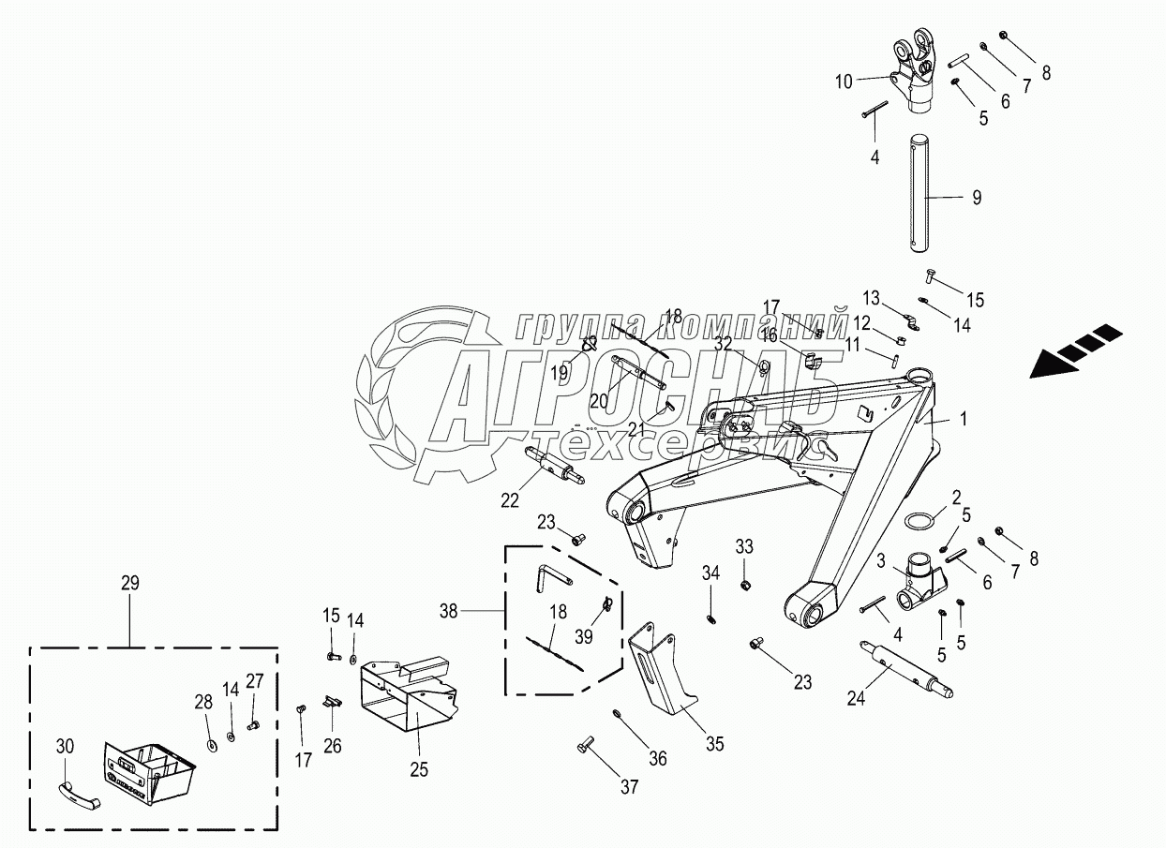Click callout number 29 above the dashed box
tap(130, 583)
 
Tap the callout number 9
tap(977, 198)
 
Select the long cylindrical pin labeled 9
tap(919, 194)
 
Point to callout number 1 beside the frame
tap(963, 419)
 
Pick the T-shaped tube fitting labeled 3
tap(920, 582)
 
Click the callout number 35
tap(715, 745)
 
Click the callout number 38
tap(449, 611)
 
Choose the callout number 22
tap(510, 500)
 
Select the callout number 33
tap(744, 546)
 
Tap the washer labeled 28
tap(213, 746)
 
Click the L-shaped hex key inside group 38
tap(554, 578)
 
